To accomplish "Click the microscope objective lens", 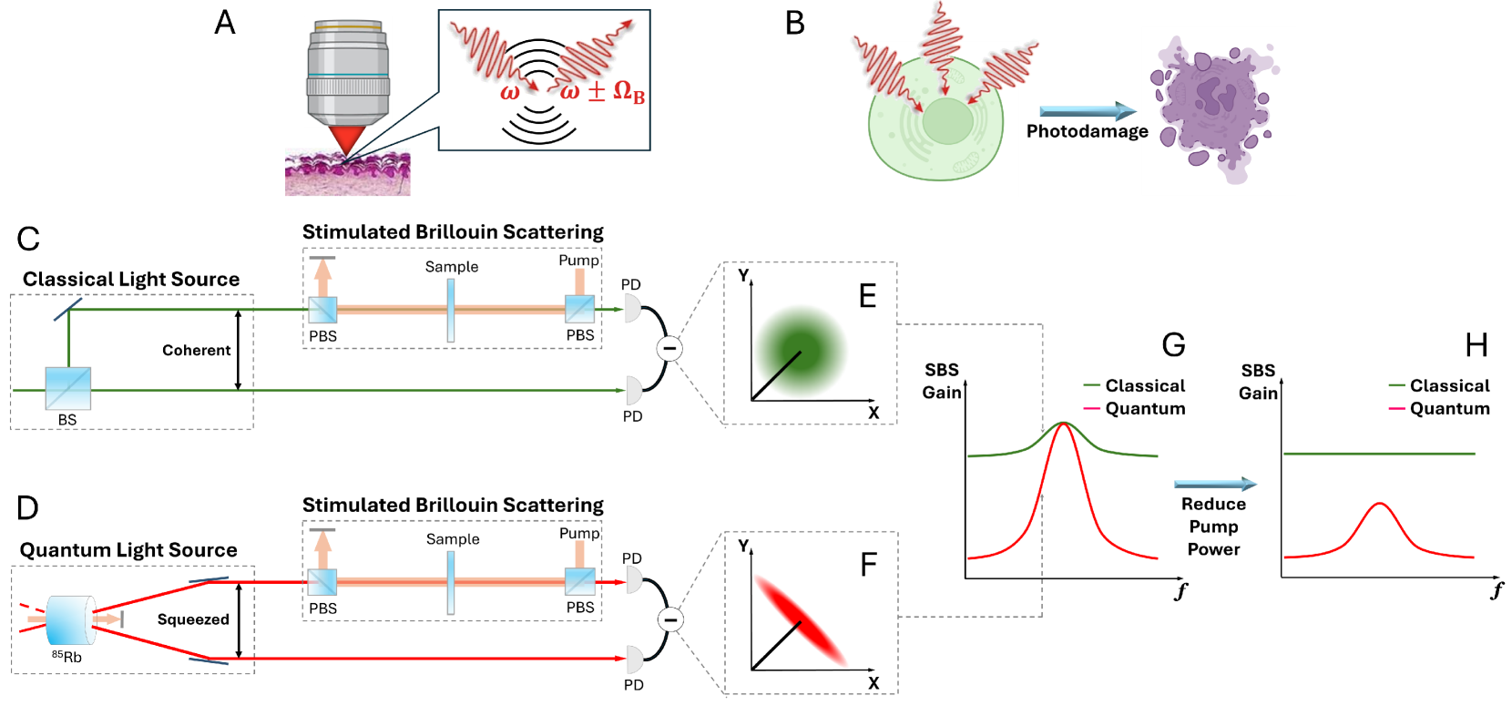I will (348, 73).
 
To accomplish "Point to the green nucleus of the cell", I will (947, 121).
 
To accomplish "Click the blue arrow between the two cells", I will (1087, 112).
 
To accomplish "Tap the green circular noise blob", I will (801, 352).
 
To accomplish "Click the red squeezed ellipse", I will (800, 620).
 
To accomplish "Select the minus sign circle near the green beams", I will (669, 349).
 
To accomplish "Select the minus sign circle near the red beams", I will (670, 620).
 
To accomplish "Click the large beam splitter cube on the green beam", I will (68, 388).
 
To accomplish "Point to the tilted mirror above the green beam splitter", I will (68, 309).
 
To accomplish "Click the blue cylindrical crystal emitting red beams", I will (71, 619).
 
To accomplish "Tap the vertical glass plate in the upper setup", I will (451, 311).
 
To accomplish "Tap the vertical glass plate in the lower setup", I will (451, 583).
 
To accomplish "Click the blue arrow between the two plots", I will (1215, 485).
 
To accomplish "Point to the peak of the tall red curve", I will (1064, 425).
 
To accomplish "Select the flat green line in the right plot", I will (1378, 453).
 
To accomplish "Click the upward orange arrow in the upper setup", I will (322, 277).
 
